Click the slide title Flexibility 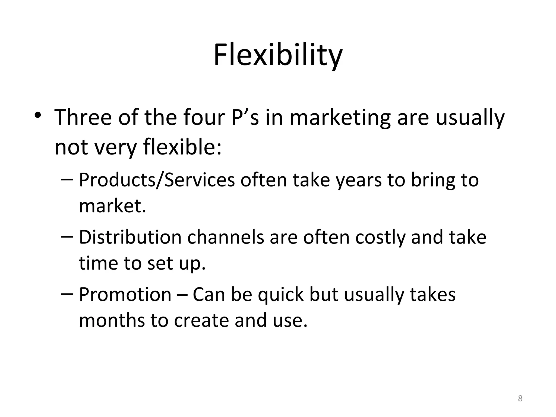(278, 56)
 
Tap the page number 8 (520, 398)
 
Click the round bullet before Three (38, 115)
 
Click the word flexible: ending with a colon (182, 147)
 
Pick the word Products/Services (157, 180)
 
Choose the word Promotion (125, 295)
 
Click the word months (112, 320)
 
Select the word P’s (245, 117)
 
